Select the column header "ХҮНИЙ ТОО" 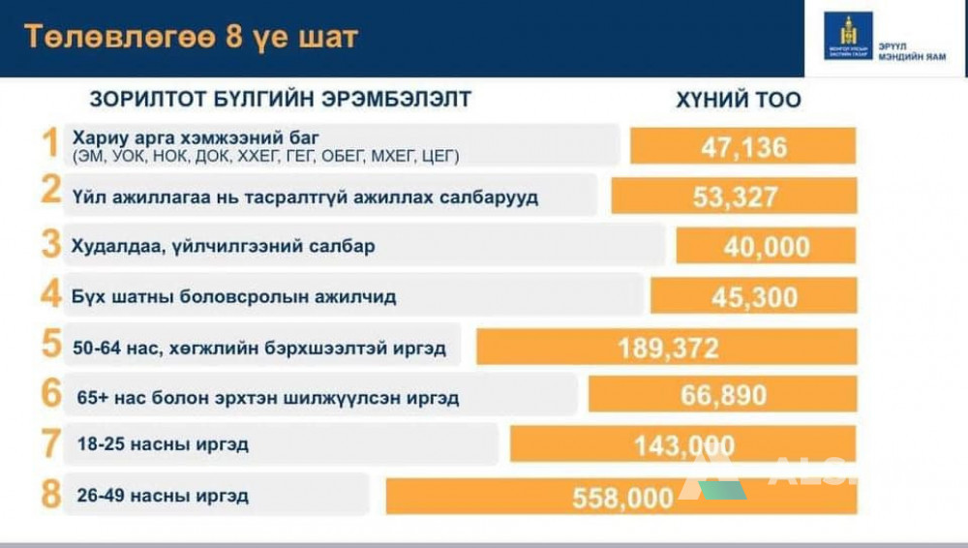click(739, 100)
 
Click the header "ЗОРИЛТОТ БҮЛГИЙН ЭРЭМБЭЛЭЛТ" click(281, 100)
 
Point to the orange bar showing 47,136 click(743, 147)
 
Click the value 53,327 click(735, 197)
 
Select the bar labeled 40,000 click(766, 246)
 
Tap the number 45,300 click(754, 296)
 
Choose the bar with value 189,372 click(668, 347)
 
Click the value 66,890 click(722, 395)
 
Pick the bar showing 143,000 click(683, 445)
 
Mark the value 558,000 click(622, 497)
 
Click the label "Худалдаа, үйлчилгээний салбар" click(223, 247)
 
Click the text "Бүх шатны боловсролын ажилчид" click(233, 296)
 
